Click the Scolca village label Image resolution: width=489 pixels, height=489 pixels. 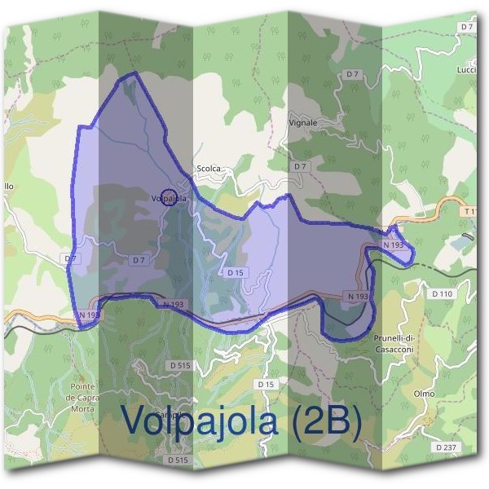(x=209, y=169)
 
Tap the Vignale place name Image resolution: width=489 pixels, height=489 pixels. (x=302, y=122)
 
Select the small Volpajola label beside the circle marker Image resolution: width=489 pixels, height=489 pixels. (x=169, y=198)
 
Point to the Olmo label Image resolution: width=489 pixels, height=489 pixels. (x=425, y=394)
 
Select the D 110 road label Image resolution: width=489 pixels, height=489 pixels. (x=441, y=293)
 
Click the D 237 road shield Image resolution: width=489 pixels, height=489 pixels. (x=445, y=447)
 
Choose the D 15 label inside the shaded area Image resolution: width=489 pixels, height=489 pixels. (x=236, y=272)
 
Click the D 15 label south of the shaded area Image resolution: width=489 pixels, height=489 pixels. (x=265, y=383)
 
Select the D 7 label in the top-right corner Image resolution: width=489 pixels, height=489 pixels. (x=466, y=27)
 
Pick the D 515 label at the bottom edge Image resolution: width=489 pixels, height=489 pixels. (x=178, y=460)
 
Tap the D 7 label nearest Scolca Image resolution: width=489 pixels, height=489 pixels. (x=301, y=166)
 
